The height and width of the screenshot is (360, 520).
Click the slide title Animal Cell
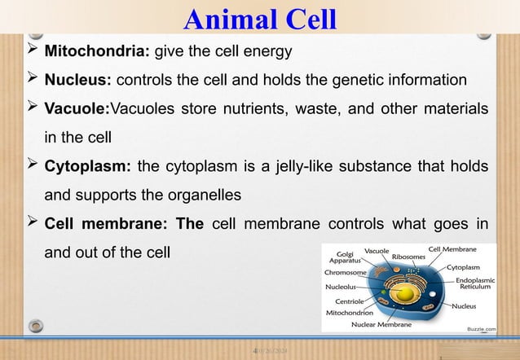(x=260, y=17)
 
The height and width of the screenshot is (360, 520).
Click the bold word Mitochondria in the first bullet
(x=94, y=52)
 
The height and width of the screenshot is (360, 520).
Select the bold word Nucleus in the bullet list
(x=77, y=80)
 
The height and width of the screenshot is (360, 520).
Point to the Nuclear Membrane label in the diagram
(x=381, y=324)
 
